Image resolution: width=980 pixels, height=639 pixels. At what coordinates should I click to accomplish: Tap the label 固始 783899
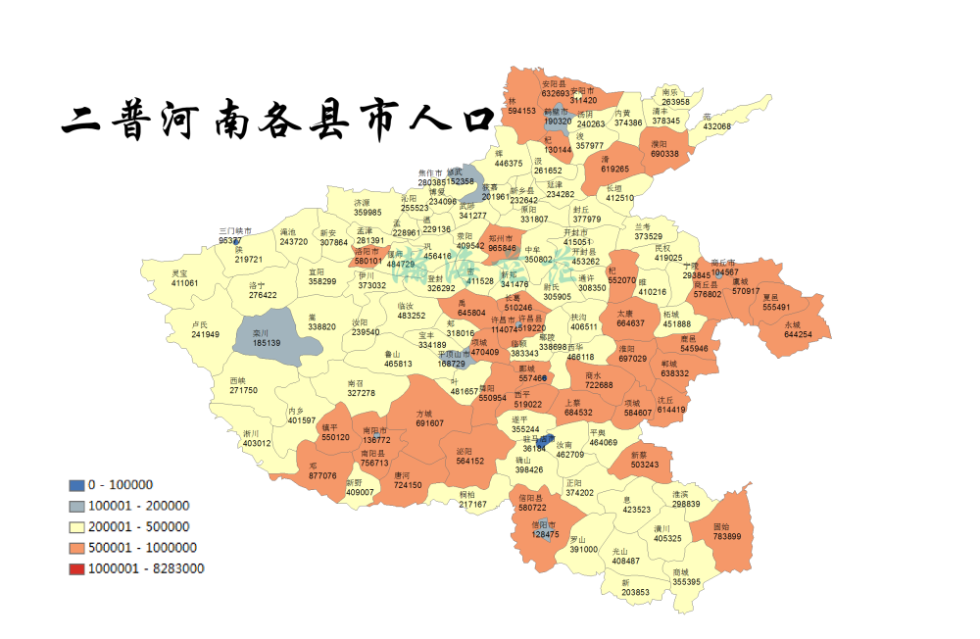pos(727,531)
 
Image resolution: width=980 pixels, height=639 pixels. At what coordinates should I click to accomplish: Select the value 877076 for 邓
pos(322,475)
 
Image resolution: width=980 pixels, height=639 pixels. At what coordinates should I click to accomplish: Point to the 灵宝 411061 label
pos(184,278)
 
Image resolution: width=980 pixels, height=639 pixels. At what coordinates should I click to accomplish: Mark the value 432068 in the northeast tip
pos(716,127)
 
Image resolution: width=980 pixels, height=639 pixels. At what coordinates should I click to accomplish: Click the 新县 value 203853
pos(635,592)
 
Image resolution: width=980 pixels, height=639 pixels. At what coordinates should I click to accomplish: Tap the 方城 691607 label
pos(429,418)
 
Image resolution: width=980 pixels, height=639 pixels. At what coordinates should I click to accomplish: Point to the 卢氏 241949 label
pos(205,330)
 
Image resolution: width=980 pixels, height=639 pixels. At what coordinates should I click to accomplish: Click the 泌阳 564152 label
pos(469,456)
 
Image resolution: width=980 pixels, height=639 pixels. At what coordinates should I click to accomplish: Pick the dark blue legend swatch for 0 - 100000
pos(76,484)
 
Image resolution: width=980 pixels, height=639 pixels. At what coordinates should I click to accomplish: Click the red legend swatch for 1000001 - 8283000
pos(76,568)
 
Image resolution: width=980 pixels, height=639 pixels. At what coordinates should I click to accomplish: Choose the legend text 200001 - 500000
pos(138,526)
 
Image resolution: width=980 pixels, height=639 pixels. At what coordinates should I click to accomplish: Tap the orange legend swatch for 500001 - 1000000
pos(76,548)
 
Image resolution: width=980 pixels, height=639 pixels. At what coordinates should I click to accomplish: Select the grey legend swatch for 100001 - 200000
pos(76,506)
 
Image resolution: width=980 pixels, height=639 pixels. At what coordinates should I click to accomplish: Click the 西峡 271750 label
pos(243,385)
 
